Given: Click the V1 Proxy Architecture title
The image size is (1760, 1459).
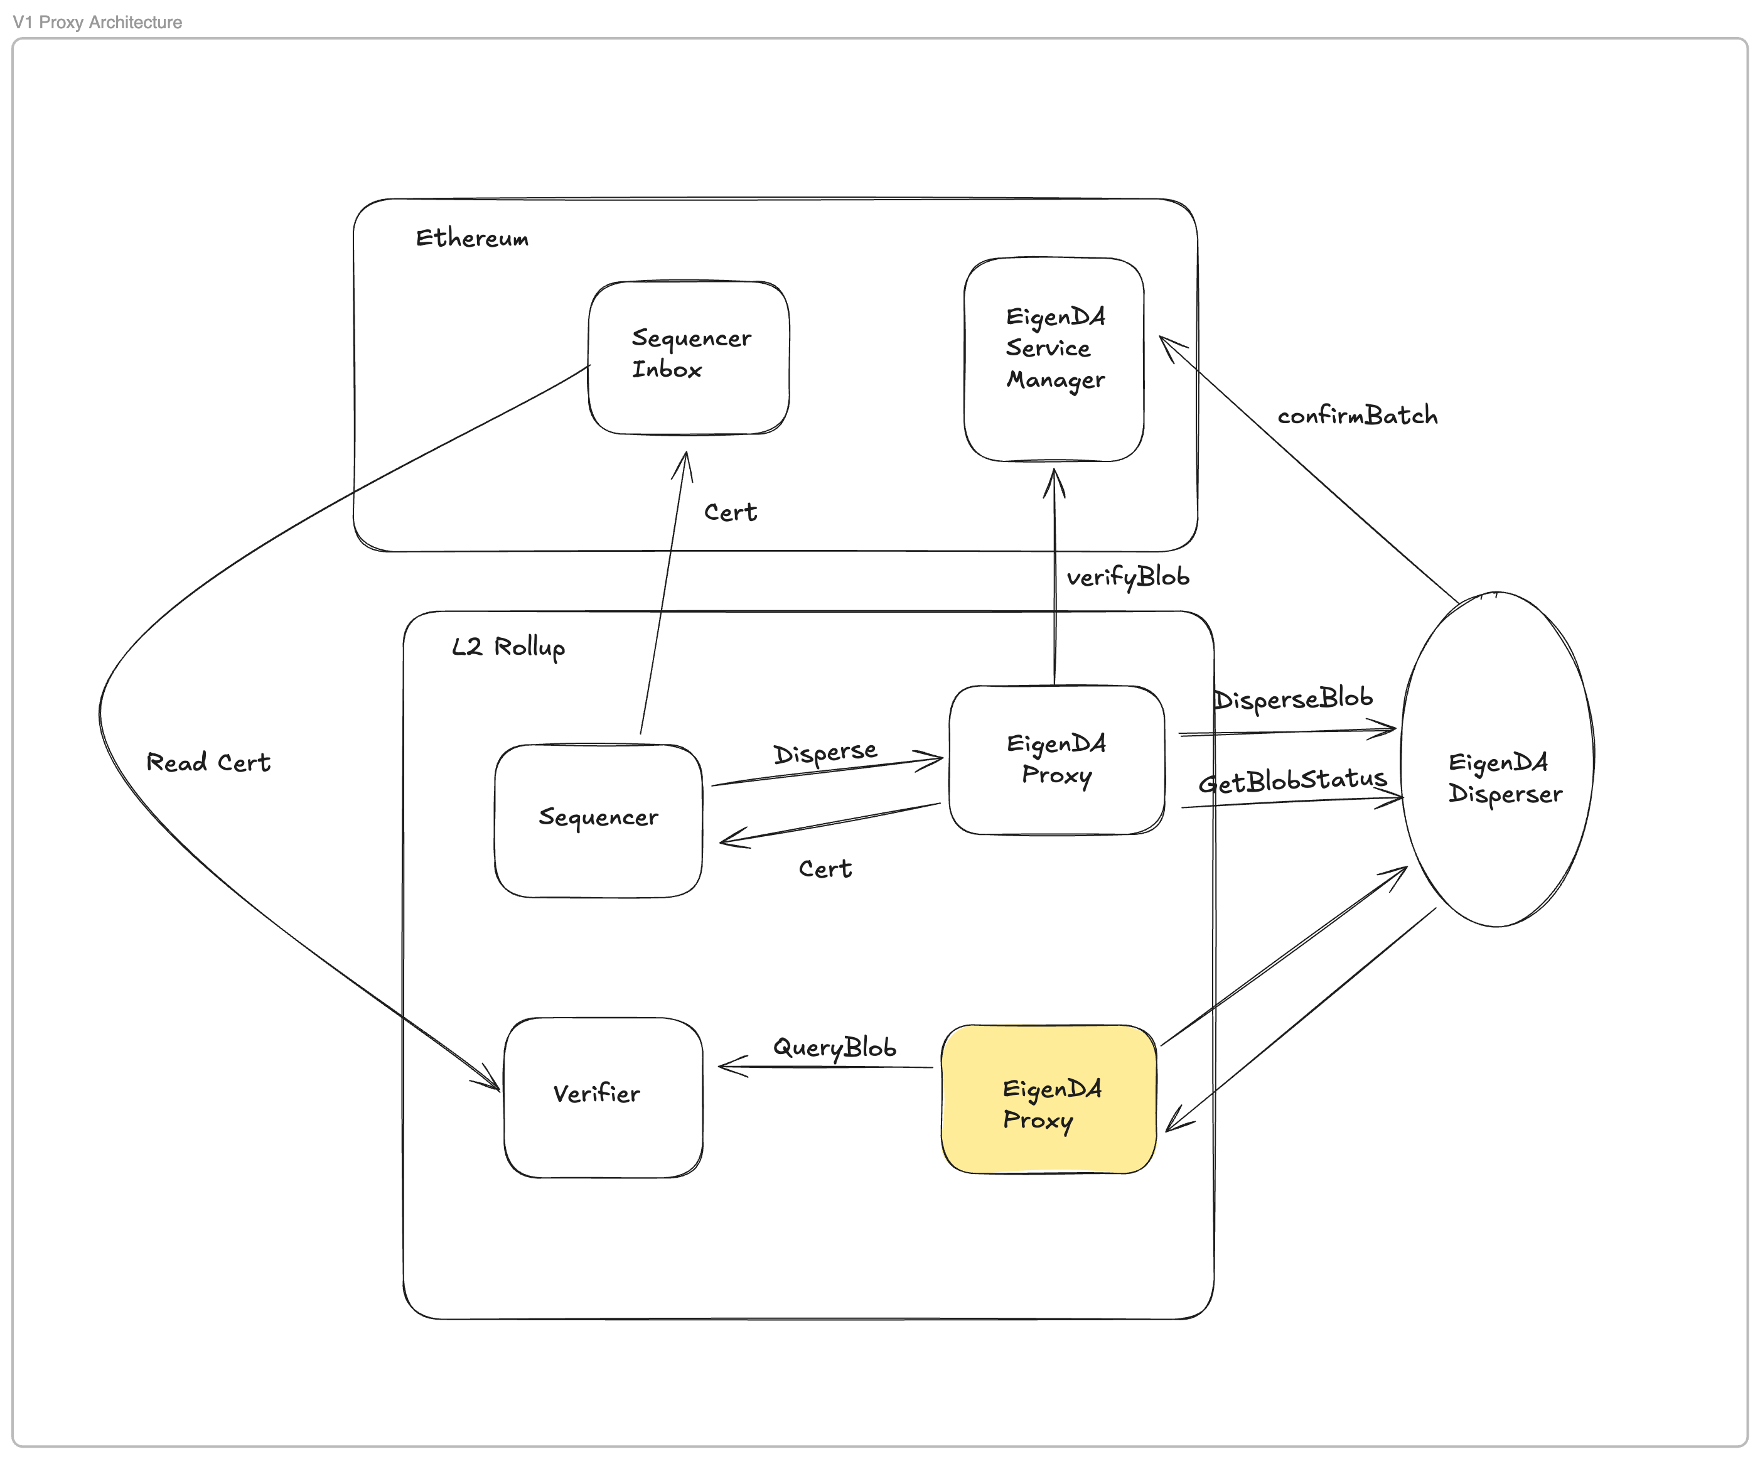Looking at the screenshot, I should (97, 23).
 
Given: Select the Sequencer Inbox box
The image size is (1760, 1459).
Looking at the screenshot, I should (689, 357).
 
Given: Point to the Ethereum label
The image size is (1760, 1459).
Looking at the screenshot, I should (472, 238).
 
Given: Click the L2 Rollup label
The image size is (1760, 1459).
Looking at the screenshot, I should (508, 647).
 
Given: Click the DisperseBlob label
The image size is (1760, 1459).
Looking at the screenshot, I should (1293, 698).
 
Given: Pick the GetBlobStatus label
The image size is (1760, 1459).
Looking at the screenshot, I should (1292, 781).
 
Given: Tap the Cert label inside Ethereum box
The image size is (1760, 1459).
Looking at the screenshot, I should (730, 512).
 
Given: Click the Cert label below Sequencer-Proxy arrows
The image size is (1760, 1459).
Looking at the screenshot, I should (825, 869).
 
